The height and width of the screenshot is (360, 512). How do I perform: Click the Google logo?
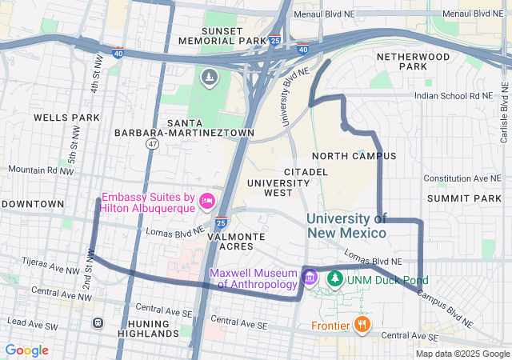click(x=27, y=350)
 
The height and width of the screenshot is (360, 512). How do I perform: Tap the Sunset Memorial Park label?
click(x=222, y=35)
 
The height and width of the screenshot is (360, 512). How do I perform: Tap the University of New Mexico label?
click(x=346, y=225)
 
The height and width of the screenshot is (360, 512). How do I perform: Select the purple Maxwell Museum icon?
click(x=310, y=278)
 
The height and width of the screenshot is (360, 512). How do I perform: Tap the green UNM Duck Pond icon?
click(x=335, y=279)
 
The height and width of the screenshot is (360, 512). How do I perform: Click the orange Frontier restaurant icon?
click(x=362, y=324)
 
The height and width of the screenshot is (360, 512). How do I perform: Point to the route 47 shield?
click(x=152, y=143)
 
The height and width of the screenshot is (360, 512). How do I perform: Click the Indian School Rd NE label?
click(x=454, y=95)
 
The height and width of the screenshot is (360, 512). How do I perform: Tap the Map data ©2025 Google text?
click(x=462, y=354)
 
